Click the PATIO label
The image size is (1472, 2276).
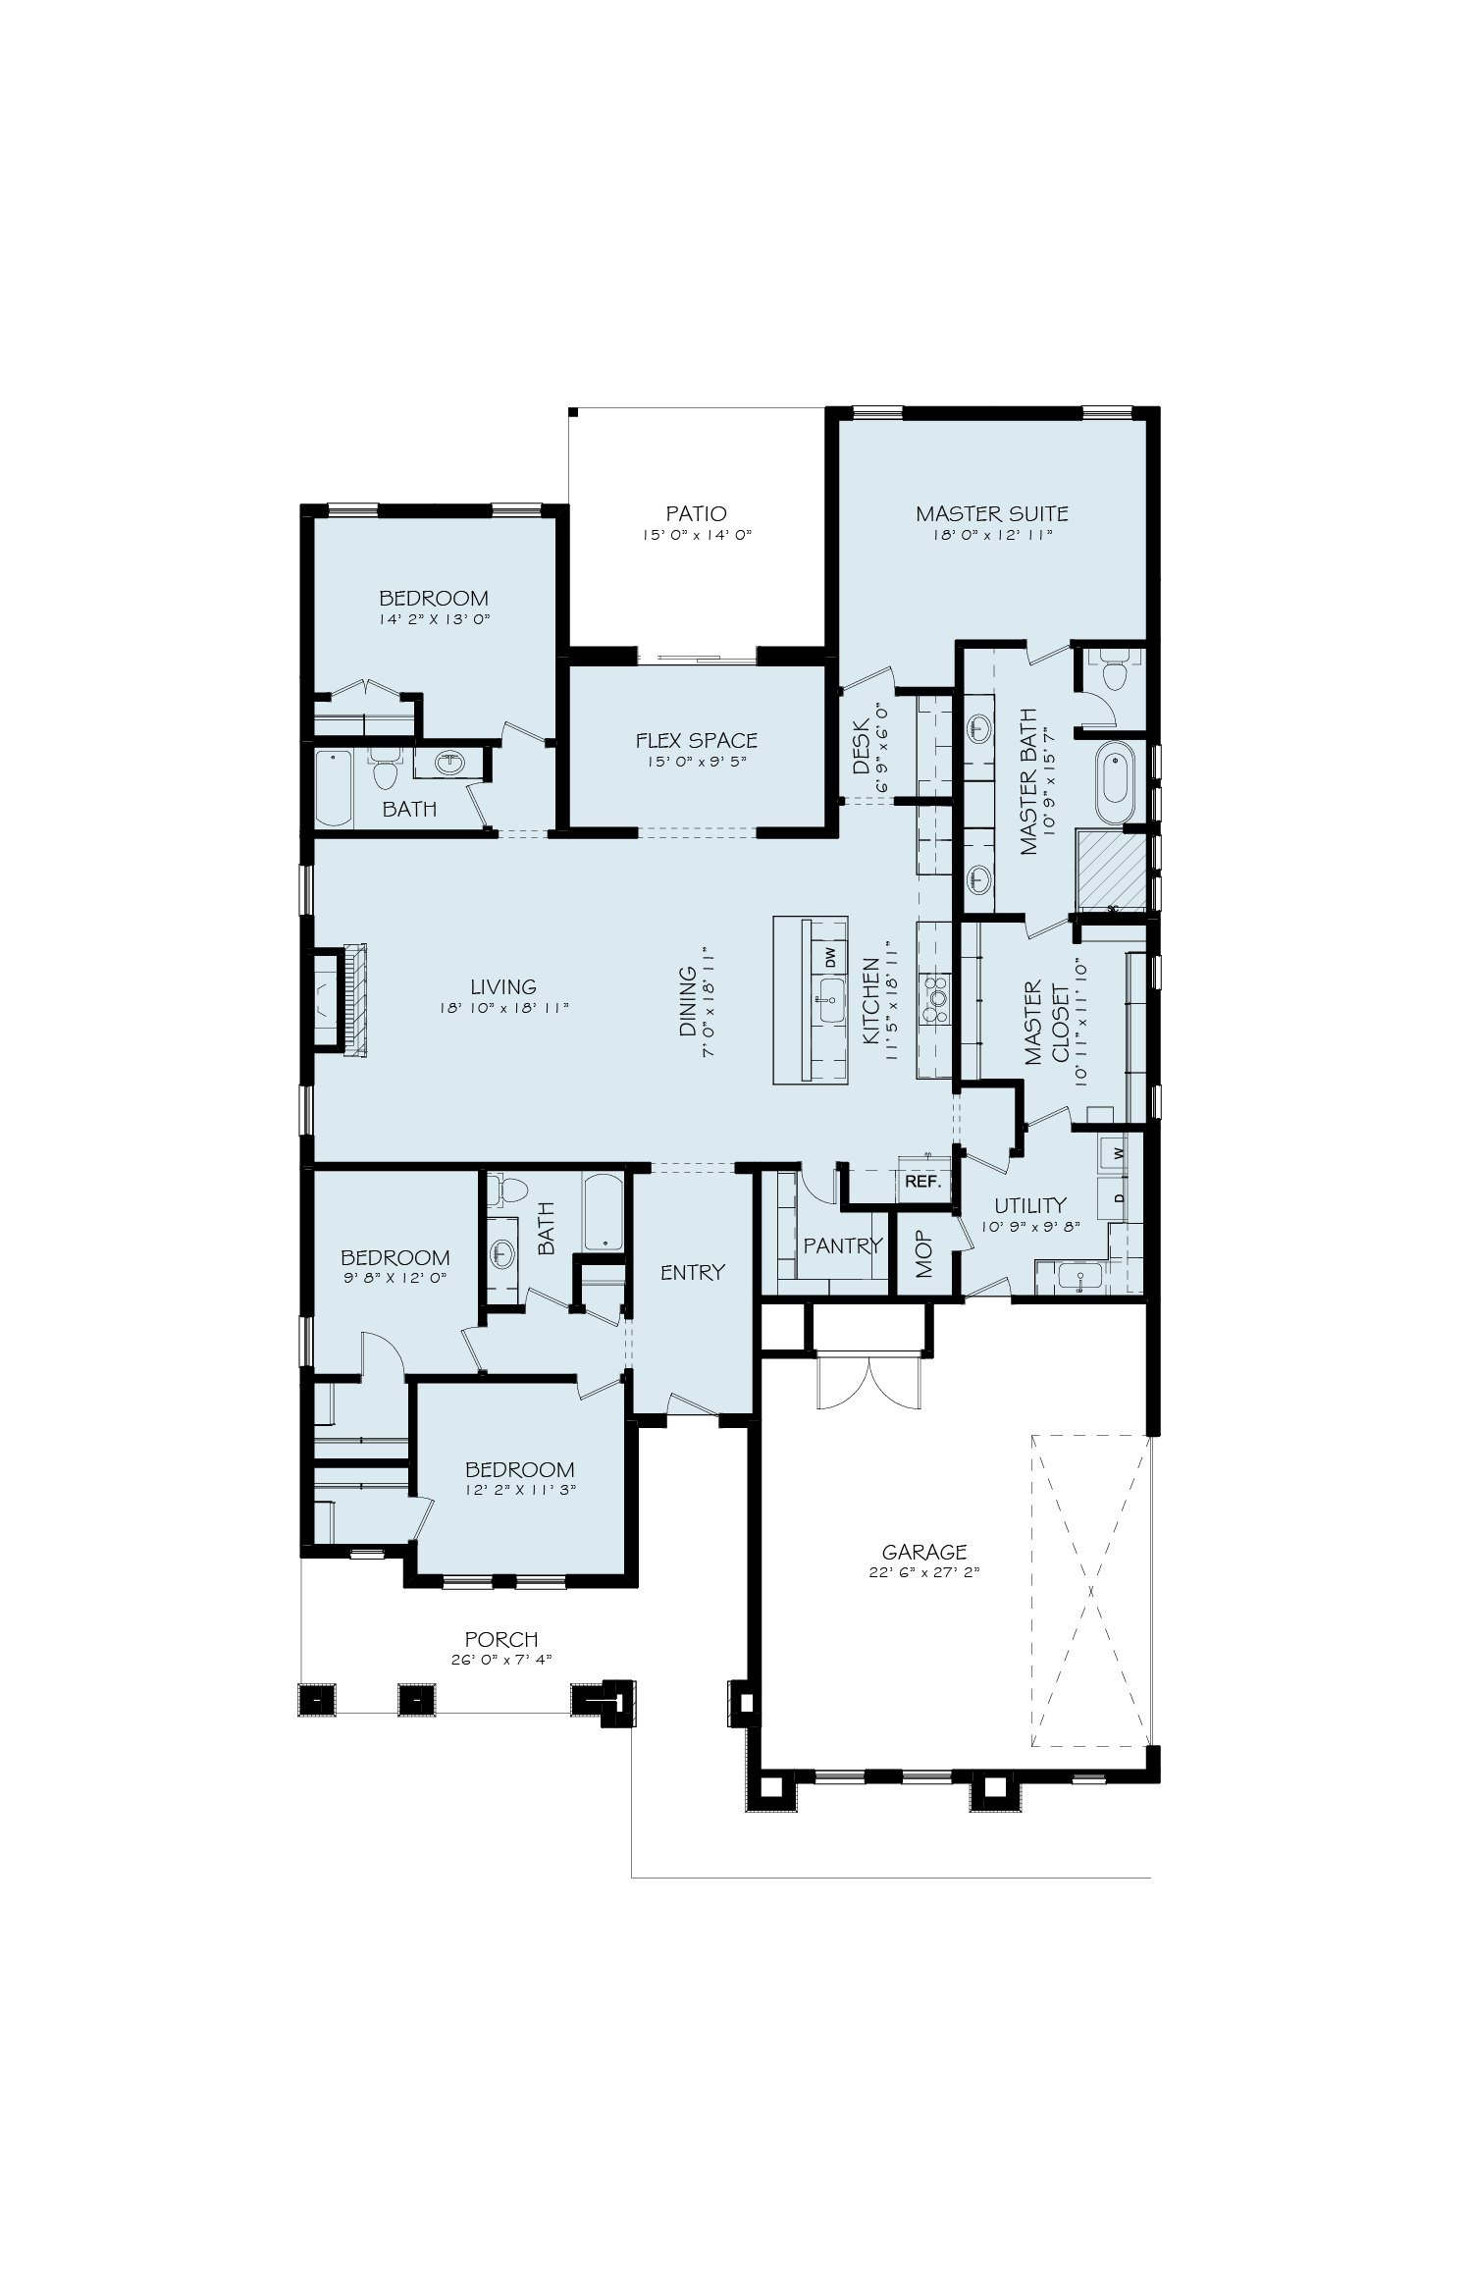pyautogui.click(x=696, y=513)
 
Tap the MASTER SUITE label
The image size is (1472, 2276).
pyautogui.click(x=991, y=513)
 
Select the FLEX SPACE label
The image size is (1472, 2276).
pyautogui.click(x=696, y=740)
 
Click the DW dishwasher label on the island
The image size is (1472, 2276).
pyautogui.click(x=829, y=954)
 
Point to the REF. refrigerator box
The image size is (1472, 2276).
pyautogui.click(x=923, y=1183)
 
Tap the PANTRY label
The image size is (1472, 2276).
pyautogui.click(x=843, y=1245)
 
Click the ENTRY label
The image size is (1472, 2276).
pyautogui.click(x=693, y=1272)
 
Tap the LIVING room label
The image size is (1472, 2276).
pyautogui.click(x=503, y=987)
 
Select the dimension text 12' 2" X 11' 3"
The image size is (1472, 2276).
pyautogui.click(x=519, y=1489)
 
